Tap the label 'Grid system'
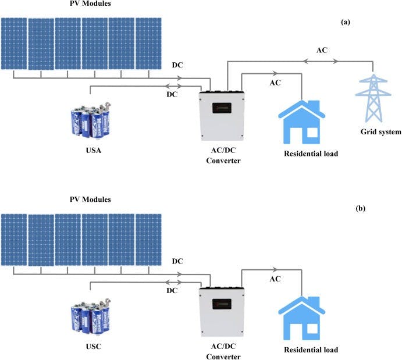point(381,132)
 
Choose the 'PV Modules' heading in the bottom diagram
point(88,199)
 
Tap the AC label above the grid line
point(322,50)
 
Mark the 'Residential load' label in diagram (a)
point(311,154)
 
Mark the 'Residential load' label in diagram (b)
point(311,350)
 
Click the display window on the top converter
point(223,109)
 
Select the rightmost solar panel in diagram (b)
point(148,239)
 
